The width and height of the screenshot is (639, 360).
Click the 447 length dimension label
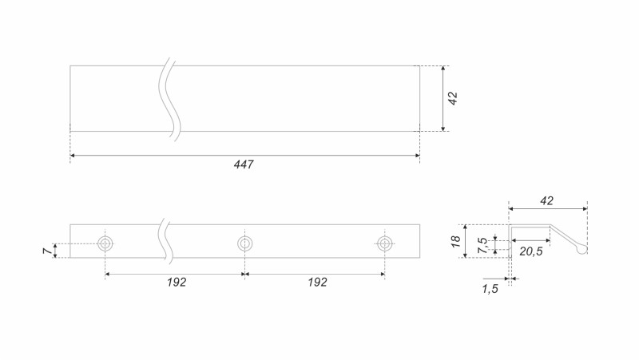244,164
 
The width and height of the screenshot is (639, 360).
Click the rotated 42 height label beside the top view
453,98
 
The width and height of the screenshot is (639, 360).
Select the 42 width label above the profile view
546,201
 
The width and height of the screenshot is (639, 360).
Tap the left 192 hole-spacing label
177,283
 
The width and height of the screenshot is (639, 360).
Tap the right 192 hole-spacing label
317,283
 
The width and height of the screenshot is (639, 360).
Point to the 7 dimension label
48,251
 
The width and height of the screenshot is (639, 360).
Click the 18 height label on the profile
455,241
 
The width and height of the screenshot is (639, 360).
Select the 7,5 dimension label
483,245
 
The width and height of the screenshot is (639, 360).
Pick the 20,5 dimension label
531,251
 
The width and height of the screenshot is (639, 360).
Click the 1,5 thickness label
490,289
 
